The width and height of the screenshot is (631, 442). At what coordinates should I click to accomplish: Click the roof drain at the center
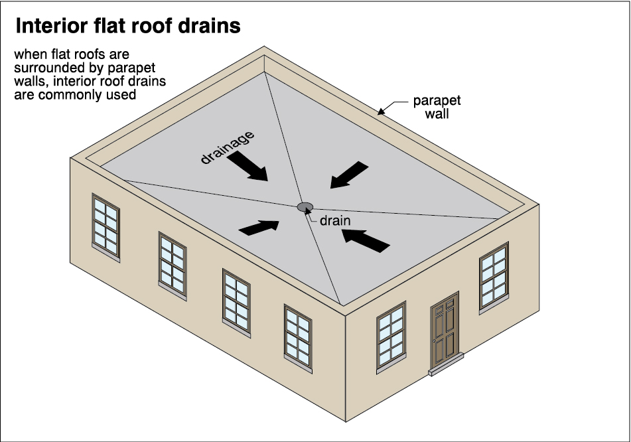(x=305, y=207)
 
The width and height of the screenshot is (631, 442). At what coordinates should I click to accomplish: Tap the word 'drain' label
(x=334, y=220)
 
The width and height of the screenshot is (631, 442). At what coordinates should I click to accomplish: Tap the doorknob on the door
(x=434, y=340)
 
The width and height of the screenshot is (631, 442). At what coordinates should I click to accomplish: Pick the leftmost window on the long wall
(x=105, y=226)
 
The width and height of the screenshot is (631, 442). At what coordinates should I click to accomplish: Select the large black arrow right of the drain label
(x=364, y=240)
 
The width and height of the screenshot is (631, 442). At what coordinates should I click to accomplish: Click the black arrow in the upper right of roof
(x=349, y=173)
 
